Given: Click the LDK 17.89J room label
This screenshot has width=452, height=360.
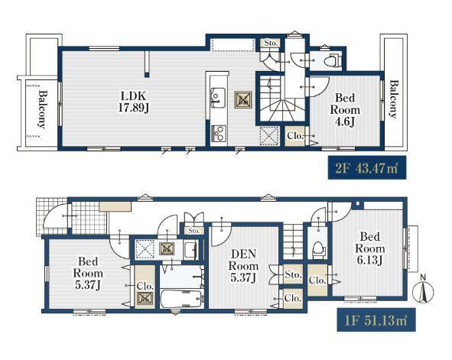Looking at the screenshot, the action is [134, 102].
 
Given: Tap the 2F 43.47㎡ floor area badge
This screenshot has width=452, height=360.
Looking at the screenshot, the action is [367, 167].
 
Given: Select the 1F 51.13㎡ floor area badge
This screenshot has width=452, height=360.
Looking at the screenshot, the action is [376, 320].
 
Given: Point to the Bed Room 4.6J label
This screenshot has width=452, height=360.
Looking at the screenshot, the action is [345, 110].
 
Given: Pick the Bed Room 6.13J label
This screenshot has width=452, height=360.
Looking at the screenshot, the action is [370, 248].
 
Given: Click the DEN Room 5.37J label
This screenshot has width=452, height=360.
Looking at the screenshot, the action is [243, 265].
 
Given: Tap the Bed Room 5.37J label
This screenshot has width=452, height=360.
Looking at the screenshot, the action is [88, 273].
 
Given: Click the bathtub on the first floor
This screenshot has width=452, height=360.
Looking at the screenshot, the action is [180, 299].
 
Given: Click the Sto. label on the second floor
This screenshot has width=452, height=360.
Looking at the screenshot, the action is [271, 44].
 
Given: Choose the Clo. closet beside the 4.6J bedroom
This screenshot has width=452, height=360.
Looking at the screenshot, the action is [294, 135].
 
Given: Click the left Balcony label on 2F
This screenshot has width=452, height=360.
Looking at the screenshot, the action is [42, 109].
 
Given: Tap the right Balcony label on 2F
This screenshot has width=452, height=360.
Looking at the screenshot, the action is [393, 99].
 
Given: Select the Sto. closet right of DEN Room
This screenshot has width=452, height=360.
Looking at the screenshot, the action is [293, 274].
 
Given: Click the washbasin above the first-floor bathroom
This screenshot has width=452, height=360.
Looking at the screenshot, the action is [190, 250].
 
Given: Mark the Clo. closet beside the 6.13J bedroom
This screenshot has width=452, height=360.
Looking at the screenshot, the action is [317, 280].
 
